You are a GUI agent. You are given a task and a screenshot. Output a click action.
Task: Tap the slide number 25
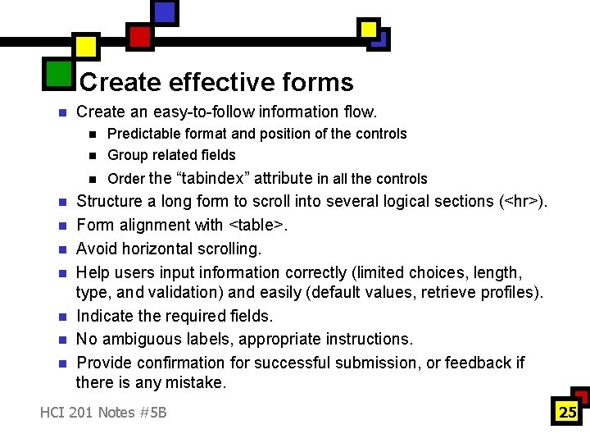[x=568, y=412]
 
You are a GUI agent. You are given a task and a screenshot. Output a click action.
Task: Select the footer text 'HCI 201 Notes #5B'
[x=103, y=412]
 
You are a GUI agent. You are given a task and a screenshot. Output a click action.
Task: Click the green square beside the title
[x=58, y=73]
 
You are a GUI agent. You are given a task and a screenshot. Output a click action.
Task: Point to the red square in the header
[x=139, y=36]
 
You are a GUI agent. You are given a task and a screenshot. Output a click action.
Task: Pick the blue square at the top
[x=165, y=11]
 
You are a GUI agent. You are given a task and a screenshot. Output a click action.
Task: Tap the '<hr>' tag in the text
[x=520, y=202]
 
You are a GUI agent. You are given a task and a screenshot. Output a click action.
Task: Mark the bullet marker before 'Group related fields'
[x=93, y=156]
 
